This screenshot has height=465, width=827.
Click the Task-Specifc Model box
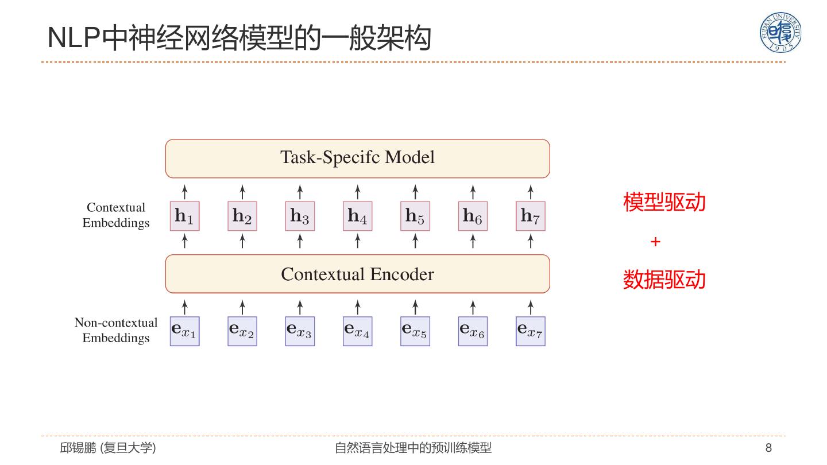point(357,158)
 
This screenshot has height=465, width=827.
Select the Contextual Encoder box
point(357,274)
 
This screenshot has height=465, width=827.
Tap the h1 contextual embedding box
point(184,216)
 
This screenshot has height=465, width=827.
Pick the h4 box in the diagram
point(357,216)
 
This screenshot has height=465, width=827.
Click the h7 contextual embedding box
point(530,216)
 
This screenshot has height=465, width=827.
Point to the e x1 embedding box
point(184,331)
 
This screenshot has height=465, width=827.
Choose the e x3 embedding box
point(300,331)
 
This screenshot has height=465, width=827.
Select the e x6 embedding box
point(473,331)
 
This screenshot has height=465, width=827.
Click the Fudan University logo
point(780,33)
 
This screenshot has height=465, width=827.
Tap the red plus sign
point(655,242)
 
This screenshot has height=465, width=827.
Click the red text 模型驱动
point(664,202)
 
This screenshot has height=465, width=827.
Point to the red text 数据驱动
point(664,280)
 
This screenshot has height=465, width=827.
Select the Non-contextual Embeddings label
point(116,330)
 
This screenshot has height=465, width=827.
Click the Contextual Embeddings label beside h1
point(116,215)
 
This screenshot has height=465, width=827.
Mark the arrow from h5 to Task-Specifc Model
point(415,191)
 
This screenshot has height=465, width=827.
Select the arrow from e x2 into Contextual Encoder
point(242,306)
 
